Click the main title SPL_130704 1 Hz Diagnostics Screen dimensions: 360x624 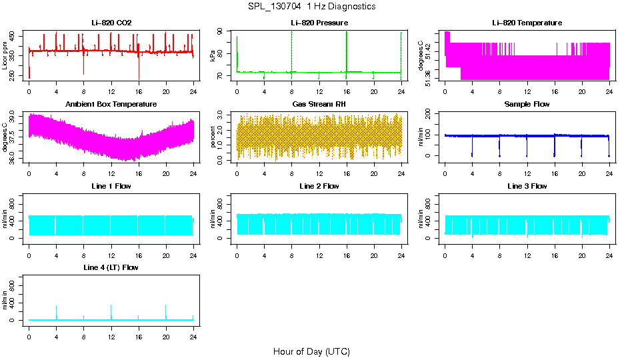[311, 7]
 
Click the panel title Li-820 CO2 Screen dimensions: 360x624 [111, 23]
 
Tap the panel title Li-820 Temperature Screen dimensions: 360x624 [527, 23]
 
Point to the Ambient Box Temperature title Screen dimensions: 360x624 [111, 104]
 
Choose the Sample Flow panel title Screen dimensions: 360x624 [527, 104]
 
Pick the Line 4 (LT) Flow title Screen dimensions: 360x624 [111, 267]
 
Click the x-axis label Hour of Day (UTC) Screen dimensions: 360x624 [311, 351]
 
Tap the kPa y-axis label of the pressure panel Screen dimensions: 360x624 [213, 56]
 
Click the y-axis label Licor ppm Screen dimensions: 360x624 [5, 56]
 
